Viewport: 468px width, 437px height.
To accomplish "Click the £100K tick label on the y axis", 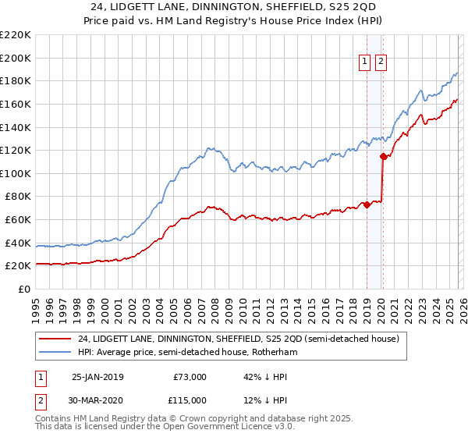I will click(x=16, y=173).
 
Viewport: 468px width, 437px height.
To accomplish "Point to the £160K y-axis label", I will click(x=16, y=104).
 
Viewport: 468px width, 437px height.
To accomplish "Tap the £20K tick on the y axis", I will click(x=18, y=266).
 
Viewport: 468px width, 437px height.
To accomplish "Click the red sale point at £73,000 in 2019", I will click(x=367, y=204).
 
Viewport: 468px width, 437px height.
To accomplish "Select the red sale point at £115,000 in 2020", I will click(x=383, y=156).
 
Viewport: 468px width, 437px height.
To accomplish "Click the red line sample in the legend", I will click(x=55, y=339).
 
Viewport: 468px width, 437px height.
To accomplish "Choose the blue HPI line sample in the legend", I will click(x=55, y=353).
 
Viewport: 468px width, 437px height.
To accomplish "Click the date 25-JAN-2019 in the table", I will click(x=97, y=377).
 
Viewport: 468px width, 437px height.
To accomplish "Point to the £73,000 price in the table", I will click(x=189, y=377).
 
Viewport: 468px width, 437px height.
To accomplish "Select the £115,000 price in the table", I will click(x=186, y=400).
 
